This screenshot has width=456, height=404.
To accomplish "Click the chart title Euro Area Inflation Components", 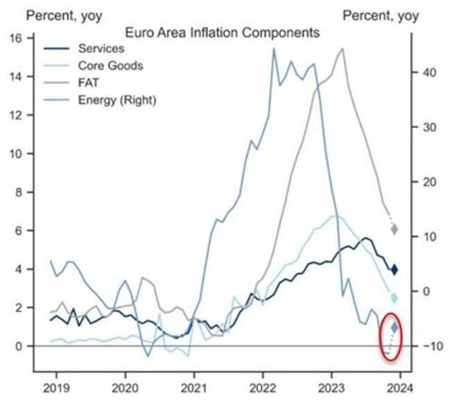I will point(223,33).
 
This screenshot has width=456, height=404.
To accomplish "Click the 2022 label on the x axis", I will point(262,385).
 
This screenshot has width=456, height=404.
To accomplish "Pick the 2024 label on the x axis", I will point(400,385).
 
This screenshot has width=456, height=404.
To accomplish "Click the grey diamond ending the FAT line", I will point(394,230).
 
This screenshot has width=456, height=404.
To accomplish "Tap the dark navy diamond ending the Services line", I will point(394,269).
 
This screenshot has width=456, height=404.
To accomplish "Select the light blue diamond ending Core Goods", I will point(394,298).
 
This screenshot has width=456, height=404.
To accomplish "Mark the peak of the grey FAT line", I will point(342,49).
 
